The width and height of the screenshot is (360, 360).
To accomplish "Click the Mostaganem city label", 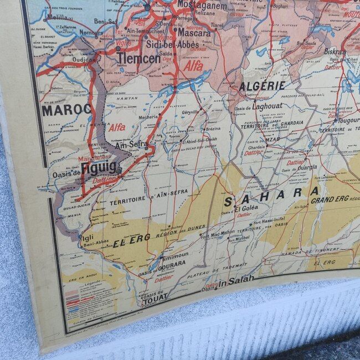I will coord(202,6).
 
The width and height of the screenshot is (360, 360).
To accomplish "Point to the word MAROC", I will coord(66,110).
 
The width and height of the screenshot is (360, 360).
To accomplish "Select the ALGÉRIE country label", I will coord(262,86).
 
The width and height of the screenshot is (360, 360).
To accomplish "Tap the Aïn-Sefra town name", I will coord(131,145).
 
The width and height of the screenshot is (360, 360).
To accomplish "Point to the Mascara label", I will coord(194,33).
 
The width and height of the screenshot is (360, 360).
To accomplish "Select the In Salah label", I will coord(232,283).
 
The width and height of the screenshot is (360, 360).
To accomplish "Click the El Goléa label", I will coord(246,209).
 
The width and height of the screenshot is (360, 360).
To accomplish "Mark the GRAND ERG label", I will coord(329,200).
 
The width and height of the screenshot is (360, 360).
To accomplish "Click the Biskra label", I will coord(335,52).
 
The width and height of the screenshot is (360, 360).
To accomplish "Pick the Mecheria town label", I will coord(150,117).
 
